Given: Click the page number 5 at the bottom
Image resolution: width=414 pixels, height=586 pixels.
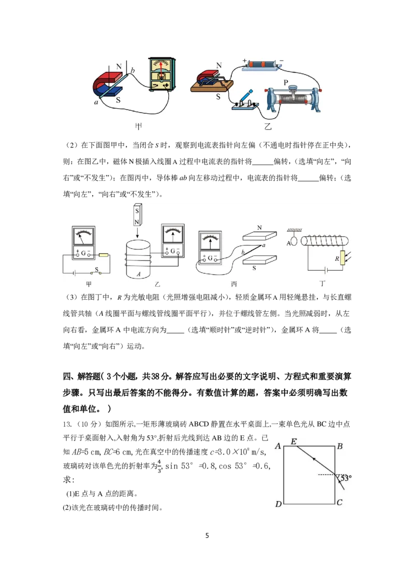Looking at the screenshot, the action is click(x=207, y=536).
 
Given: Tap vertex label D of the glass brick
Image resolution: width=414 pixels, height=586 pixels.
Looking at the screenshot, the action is click(x=278, y=504).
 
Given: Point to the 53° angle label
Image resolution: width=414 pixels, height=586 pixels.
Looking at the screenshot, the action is click(x=346, y=478).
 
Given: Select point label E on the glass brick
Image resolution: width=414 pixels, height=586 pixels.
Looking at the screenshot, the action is click(x=294, y=442).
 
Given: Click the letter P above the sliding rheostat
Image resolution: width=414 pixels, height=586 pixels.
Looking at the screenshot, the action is click(x=286, y=83).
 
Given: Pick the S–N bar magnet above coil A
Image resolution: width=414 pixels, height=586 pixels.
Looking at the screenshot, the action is click(x=137, y=215).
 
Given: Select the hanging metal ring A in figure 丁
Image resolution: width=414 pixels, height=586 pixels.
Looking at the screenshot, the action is click(x=294, y=241).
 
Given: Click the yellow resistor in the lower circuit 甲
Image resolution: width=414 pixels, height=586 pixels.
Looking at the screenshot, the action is click(x=103, y=255).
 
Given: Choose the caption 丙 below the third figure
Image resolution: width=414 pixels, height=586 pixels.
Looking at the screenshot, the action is click(x=234, y=284).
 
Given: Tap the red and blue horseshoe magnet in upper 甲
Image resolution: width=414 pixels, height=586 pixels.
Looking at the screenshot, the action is click(x=107, y=85).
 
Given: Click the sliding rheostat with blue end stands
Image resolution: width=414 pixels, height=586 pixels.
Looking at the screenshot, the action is click(x=293, y=97).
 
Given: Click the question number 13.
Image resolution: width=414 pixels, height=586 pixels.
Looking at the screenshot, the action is click(x=67, y=424).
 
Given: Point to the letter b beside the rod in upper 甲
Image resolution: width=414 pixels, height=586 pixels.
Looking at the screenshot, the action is click(x=132, y=70).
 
